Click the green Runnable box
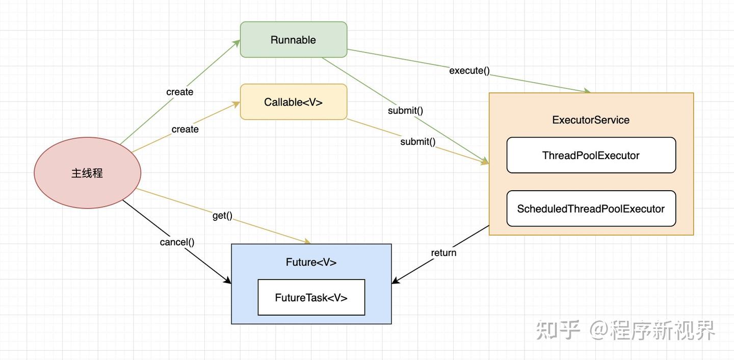(x=294, y=40)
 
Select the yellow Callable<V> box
(x=294, y=101)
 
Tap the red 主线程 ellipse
(x=88, y=173)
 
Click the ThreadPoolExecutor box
(x=591, y=155)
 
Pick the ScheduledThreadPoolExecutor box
(x=591, y=209)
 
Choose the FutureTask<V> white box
(x=311, y=297)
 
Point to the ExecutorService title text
(x=591, y=120)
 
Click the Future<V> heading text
(x=311, y=262)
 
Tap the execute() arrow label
(x=469, y=70)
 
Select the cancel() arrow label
(x=177, y=242)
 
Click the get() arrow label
(x=222, y=215)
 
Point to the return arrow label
(x=443, y=253)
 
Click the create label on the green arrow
(x=180, y=92)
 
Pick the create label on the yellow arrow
(x=185, y=129)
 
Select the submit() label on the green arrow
(x=405, y=111)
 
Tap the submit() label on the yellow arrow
(x=418, y=142)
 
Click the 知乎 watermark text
(x=558, y=330)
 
